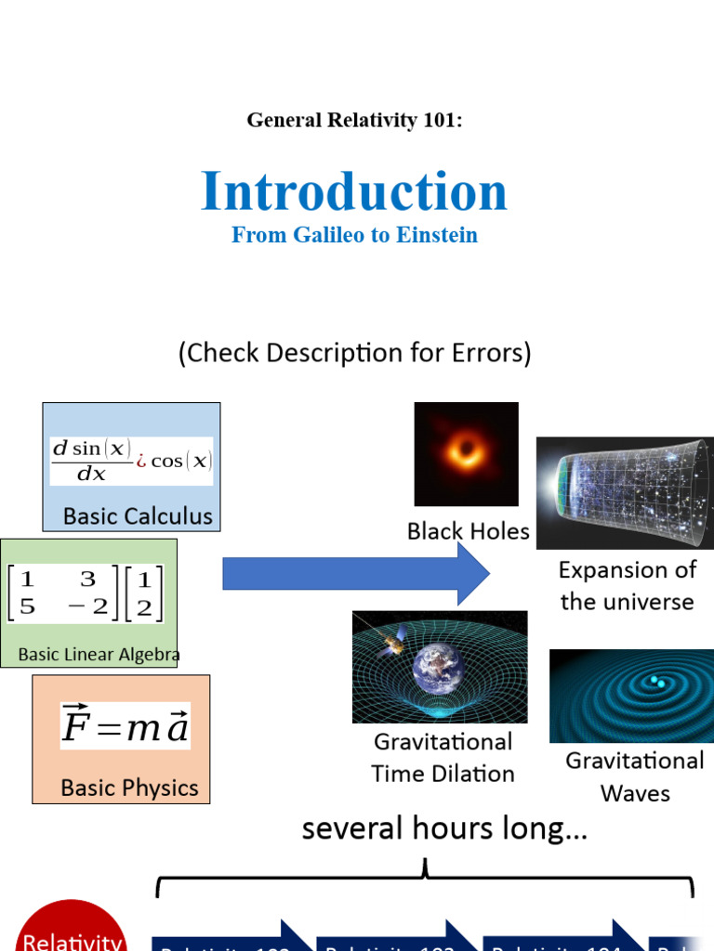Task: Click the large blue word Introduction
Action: (x=354, y=191)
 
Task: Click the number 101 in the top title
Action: (x=441, y=120)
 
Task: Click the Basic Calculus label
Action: (x=138, y=516)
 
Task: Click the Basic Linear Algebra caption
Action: (x=99, y=655)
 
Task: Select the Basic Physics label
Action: (x=129, y=788)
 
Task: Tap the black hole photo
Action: (x=466, y=453)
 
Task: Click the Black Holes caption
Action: (x=468, y=531)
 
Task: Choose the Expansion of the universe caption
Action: (x=627, y=586)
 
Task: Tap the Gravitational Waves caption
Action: (x=635, y=776)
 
